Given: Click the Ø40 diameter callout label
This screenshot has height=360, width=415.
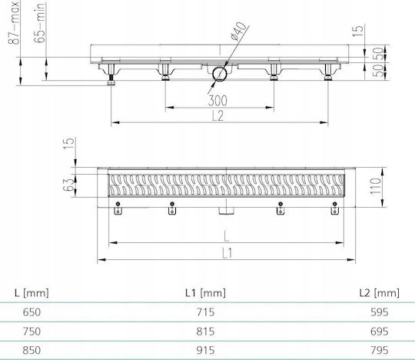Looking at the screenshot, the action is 238,31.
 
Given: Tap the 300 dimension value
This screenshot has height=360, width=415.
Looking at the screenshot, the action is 217,101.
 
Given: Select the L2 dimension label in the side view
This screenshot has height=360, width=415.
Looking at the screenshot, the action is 218,115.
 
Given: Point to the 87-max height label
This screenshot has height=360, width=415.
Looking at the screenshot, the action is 14,22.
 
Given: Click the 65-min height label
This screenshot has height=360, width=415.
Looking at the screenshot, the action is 40,22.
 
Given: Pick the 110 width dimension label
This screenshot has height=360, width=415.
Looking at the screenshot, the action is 376,186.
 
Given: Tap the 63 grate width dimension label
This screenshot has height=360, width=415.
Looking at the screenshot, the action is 68,185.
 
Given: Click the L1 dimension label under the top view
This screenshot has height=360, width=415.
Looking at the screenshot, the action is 227,253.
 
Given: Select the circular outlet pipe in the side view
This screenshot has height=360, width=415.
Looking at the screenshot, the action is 219,74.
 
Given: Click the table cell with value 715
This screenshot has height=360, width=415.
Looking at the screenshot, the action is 206,312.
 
